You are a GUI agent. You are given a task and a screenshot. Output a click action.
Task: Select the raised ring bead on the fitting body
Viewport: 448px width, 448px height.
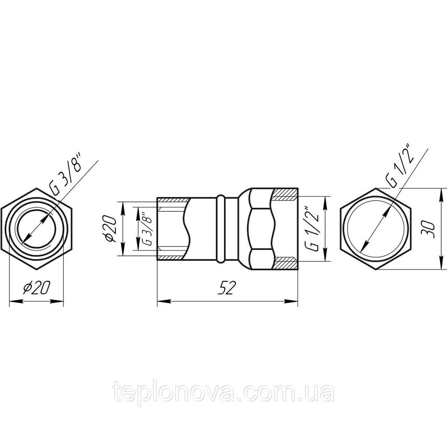coord(220,229)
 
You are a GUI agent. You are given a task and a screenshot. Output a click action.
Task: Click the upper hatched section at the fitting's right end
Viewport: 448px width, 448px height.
coord(285,195)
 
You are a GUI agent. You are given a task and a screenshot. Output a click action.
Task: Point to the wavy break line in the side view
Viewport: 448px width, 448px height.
coord(188,229)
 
